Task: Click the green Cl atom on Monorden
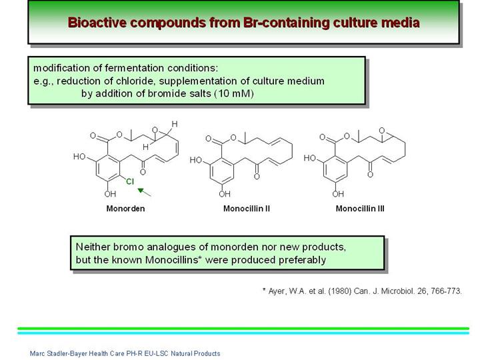click(130, 181)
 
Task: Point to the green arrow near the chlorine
click(144, 192)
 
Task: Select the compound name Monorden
click(125, 209)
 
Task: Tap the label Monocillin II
click(247, 209)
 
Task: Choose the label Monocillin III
click(360, 209)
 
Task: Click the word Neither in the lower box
click(93, 247)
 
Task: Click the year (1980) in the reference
click(339, 291)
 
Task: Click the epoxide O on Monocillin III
click(381, 131)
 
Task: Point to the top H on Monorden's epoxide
click(175, 124)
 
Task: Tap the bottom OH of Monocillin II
click(225, 194)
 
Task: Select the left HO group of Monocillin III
click(309, 158)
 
